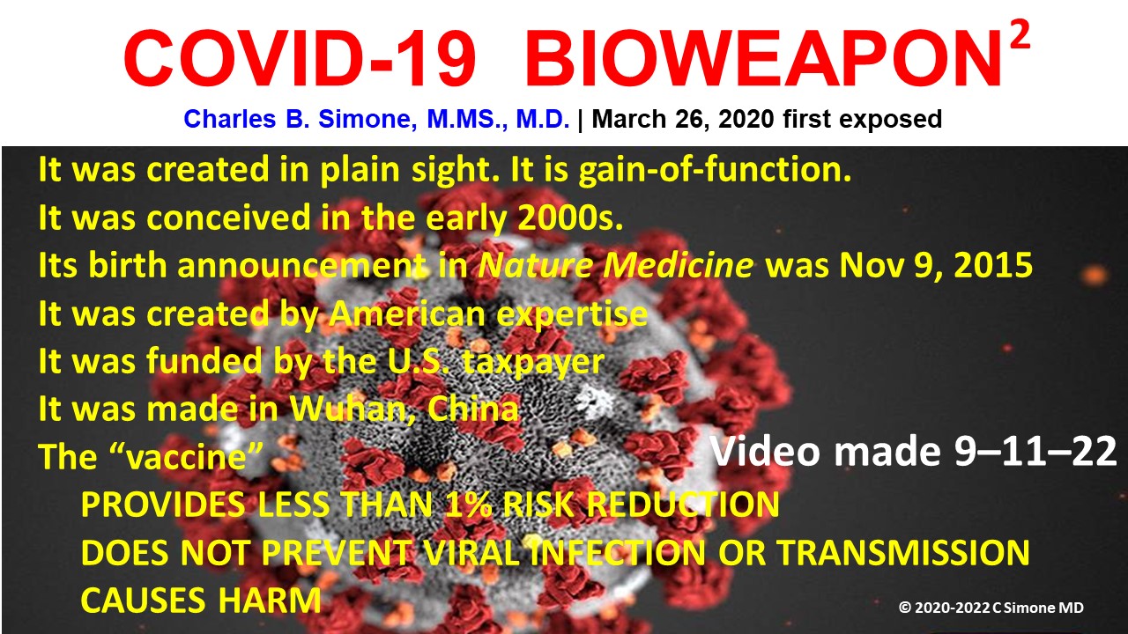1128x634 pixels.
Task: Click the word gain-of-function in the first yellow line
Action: click(715, 170)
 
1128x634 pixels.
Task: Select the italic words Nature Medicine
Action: click(615, 265)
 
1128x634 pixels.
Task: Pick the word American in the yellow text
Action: click(407, 313)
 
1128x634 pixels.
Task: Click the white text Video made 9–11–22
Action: click(914, 451)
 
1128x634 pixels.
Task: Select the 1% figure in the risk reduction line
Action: click(468, 504)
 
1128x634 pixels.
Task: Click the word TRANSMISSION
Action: click(903, 552)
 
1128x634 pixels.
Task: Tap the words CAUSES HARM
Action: click(201, 600)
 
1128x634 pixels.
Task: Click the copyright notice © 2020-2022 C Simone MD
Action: click(991, 608)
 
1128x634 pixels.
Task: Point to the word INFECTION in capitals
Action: click(619, 552)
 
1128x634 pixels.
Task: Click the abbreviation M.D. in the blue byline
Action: click(542, 119)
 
